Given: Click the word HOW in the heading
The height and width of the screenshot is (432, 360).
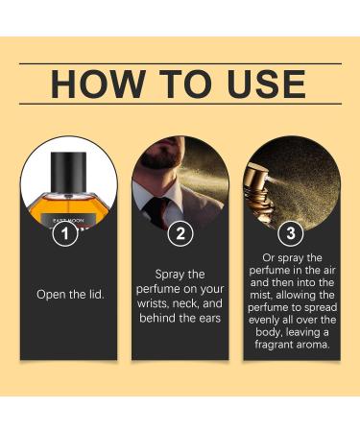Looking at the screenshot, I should coord(92,84).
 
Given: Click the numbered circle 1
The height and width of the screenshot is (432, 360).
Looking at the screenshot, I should coord(63,233).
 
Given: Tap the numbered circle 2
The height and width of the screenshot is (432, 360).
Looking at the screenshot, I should coord(180,233).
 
